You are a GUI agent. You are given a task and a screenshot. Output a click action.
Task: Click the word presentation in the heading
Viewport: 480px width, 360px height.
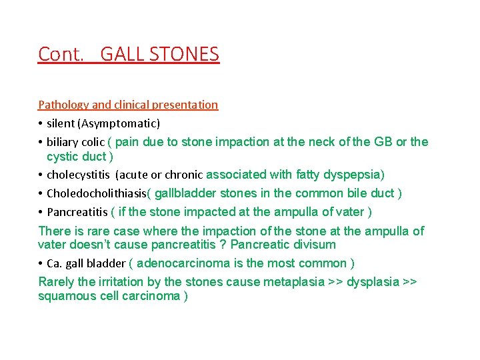[x=187, y=105]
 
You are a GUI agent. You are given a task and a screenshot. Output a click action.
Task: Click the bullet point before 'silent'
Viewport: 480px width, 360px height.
[x=41, y=123]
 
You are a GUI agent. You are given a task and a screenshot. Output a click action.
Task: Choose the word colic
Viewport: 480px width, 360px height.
[x=92, y=142]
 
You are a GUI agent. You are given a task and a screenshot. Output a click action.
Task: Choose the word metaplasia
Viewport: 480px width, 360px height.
[x=292, y=281]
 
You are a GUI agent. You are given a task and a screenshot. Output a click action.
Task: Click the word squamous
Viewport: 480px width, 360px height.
[x=65, y=296]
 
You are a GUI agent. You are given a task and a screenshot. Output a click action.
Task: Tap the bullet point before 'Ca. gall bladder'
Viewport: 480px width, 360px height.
[x=41, y=263]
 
